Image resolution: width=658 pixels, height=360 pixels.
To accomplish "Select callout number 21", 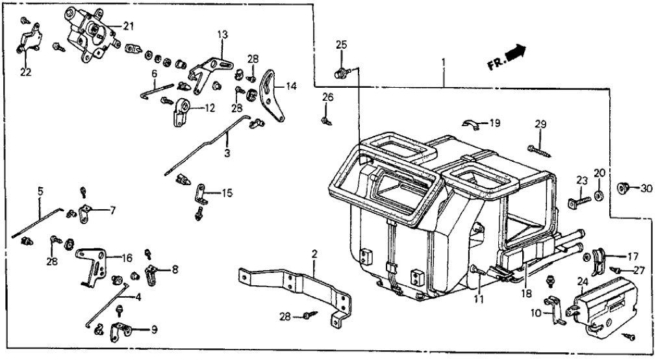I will pos(128,26).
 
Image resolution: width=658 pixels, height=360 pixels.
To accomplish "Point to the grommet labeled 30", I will pos(622,188).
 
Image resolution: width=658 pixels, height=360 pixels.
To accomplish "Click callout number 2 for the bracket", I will pos(314,253).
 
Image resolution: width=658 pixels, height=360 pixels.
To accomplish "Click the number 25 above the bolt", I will pos(342,45).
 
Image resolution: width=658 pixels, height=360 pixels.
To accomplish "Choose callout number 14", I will pos(290,84).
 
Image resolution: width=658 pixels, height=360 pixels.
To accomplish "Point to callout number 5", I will pos(40,192).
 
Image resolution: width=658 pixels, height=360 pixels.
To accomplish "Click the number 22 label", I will pos(25,72).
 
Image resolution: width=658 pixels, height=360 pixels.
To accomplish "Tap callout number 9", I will pos(154,329).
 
